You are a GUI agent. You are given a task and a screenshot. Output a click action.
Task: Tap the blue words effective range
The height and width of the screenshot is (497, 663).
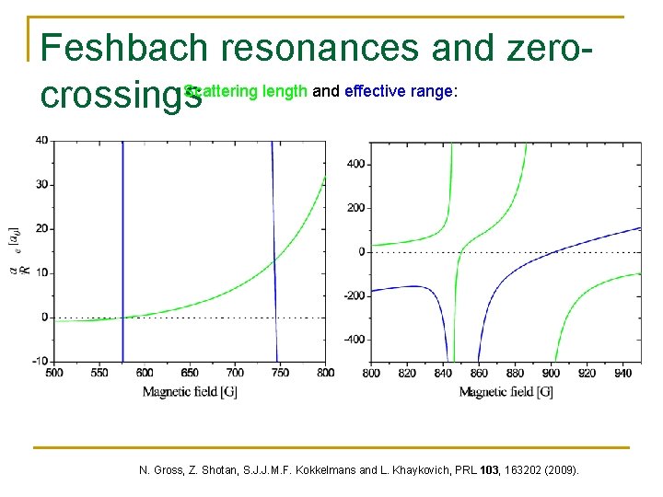point(398,91)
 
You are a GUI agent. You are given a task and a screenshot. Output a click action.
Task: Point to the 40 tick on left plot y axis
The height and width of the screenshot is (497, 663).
point(41,140)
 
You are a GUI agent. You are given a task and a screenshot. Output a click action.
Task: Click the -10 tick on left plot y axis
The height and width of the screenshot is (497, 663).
point(40,361)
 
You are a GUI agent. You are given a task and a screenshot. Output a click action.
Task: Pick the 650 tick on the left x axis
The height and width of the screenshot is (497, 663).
point(190,373)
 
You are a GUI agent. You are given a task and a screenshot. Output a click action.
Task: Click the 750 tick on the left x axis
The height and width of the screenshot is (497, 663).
point(280,373)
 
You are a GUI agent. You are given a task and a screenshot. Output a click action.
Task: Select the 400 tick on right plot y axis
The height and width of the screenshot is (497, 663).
point(355,164)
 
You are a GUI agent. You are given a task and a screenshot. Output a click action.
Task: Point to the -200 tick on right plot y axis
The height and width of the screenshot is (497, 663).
point(354,295)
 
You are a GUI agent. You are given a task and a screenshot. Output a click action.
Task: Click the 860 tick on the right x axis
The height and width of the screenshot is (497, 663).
point(478,374)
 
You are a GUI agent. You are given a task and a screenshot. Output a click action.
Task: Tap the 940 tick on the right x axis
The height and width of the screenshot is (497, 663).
point(623,374)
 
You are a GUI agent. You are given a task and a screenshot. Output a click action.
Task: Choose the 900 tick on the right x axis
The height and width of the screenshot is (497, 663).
point(551,374)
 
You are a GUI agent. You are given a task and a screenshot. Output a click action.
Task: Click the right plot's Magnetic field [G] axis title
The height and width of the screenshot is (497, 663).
point(506,392)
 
